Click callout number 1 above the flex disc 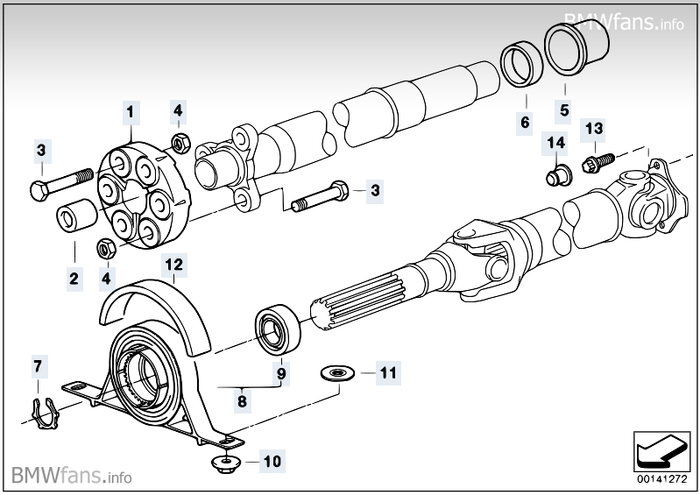[x=131, y=112]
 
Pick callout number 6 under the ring [x=526, y=122]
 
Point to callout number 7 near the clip [x=37, y=364]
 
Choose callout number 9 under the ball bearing [x=281, y=373]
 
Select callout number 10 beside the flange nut [x=272, y=459]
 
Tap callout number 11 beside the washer [x=388, y=372]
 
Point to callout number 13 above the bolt [x=594, y=129]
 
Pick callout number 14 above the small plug [x=555, y=142]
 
